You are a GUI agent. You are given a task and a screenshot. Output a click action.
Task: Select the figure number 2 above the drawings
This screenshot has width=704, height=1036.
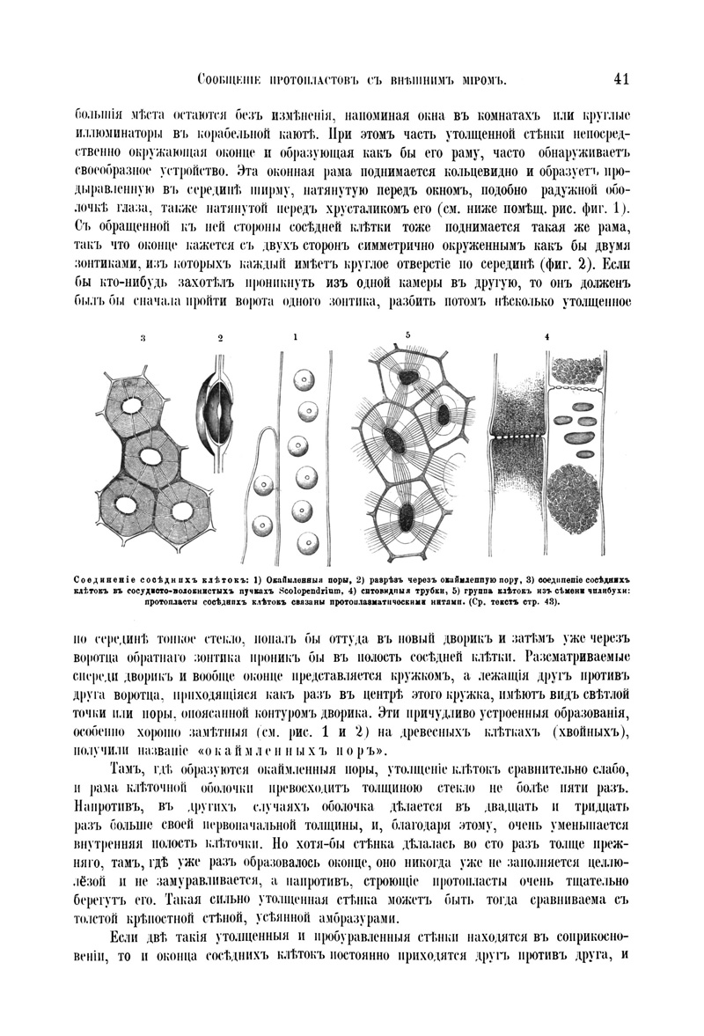[x=221, y=337]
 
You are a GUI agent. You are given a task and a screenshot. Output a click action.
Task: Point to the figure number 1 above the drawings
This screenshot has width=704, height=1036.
[x=296, y=336]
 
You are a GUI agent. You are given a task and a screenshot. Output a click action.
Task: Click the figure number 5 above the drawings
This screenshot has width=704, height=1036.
[x=408, y=334]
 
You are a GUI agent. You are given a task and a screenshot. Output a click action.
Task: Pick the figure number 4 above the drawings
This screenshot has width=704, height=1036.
[x=546, y=336]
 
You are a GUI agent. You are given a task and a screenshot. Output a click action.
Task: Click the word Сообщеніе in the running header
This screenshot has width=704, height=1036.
[x=232, y=81]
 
